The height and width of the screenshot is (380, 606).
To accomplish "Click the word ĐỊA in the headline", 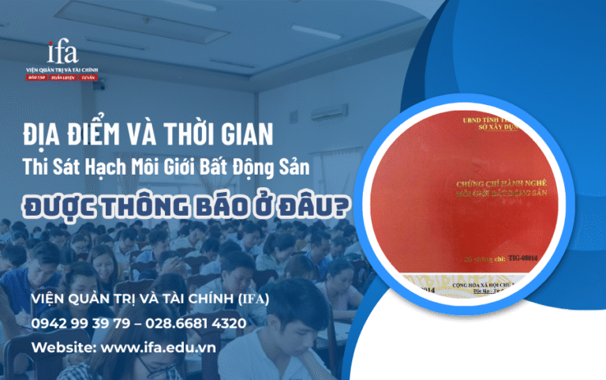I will [47, 134].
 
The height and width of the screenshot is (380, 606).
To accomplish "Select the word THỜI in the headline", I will [174, 134].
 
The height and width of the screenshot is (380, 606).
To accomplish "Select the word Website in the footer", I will [58, 348].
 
